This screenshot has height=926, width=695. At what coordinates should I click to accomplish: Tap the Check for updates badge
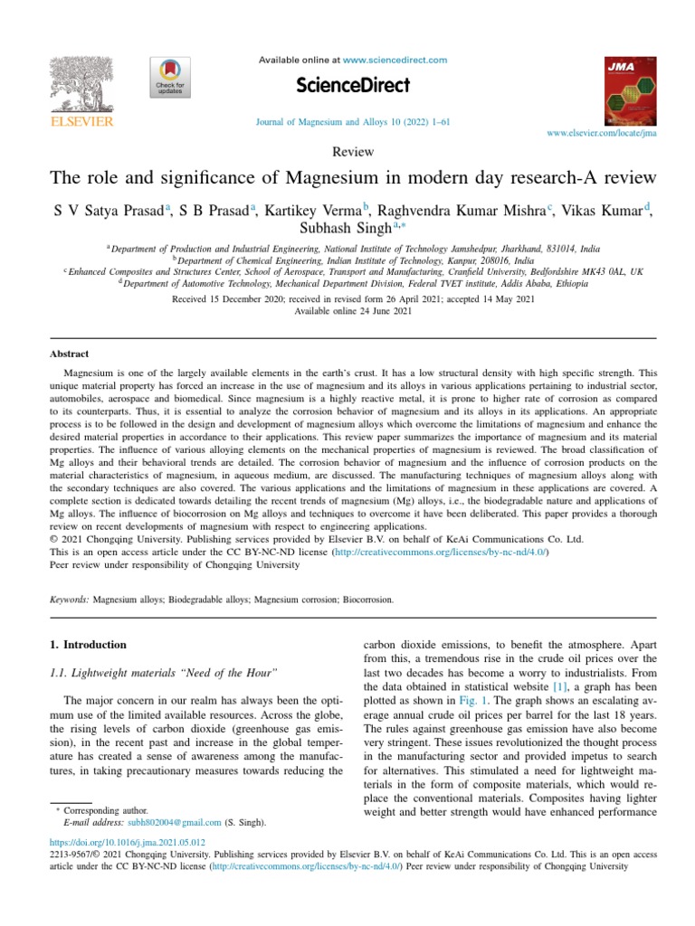[169, 78]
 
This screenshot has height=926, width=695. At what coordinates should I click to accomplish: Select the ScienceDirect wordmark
[353, 86]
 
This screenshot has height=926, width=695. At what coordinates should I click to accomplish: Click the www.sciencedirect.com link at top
[395, 60]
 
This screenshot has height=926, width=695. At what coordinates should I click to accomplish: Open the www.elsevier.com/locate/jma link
[602, 133]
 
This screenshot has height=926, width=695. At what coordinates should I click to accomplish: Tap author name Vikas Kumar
[602, 211]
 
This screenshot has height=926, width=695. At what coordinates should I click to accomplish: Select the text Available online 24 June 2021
[353, 311]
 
